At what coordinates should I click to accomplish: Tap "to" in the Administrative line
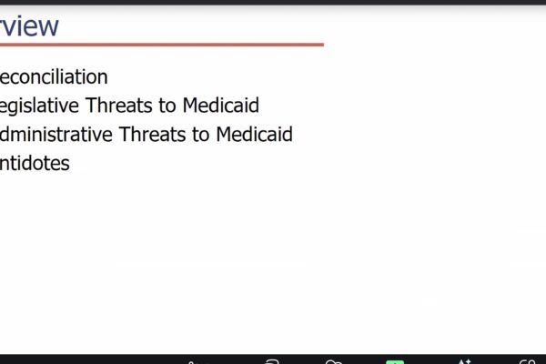coord(201,135)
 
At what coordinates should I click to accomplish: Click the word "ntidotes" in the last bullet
coord(35,164)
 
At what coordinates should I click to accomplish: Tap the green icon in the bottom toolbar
coord(394,361)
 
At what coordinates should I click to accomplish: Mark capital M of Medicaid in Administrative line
coord(224,135)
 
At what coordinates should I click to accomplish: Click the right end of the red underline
coord(321,44)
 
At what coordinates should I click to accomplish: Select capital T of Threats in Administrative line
coord(127,135)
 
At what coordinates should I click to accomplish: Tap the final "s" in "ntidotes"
coord(65,165)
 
